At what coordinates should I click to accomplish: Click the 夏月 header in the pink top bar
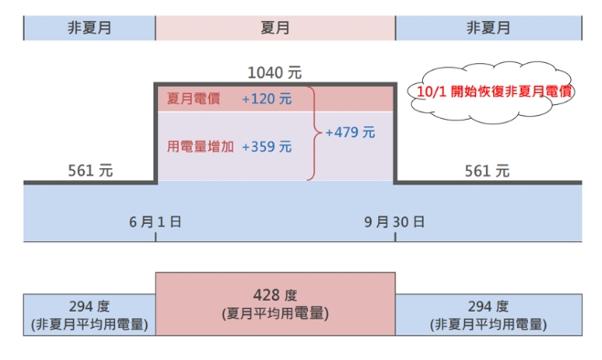275,27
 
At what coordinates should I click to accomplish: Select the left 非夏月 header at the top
90,27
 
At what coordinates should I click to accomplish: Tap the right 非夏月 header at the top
488,27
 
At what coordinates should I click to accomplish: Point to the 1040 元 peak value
274,72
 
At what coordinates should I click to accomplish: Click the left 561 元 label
90,170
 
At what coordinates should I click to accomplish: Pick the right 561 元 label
487,170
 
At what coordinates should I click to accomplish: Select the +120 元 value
267,99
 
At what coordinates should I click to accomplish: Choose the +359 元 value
267,146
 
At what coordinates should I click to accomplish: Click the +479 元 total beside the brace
350,132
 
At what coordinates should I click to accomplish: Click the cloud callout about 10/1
487,92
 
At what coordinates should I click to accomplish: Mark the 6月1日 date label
155,222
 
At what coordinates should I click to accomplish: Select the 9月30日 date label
395,222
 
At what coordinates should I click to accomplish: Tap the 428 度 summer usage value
275,295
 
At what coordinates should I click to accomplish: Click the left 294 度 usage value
90,306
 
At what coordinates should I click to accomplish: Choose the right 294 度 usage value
488,306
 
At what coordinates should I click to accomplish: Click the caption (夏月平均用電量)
275,312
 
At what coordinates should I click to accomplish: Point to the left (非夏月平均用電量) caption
90,323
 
